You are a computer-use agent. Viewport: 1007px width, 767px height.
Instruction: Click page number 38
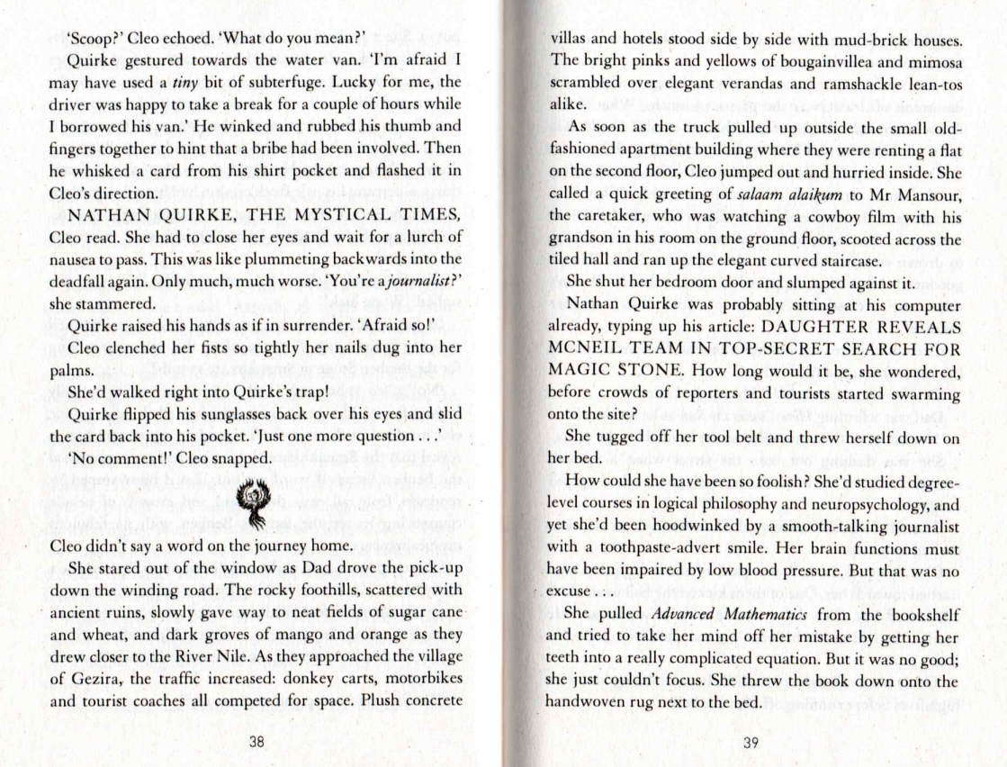(x=256, y=742)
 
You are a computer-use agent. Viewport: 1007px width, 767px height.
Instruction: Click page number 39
(x=752, y=742)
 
